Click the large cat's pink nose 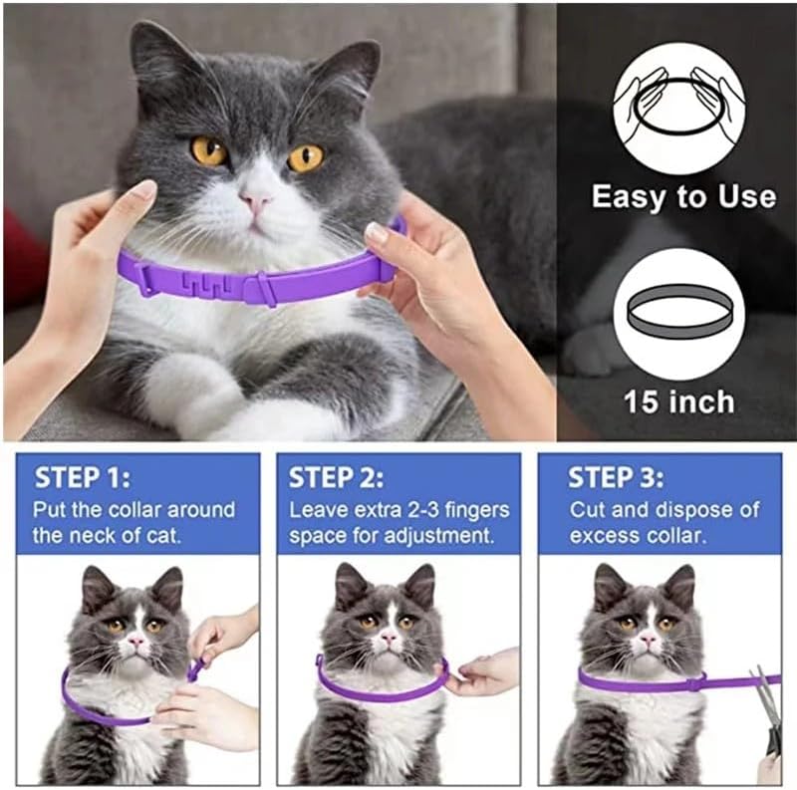click(x=256, y=203)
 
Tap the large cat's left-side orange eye click(x=209, y=150)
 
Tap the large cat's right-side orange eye click(x=305, y=157)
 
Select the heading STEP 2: click(x=336, y=477)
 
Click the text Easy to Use click(x=683, y=196)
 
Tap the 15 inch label click(x=679, y=401)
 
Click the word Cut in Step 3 click(x=589, y=510)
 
